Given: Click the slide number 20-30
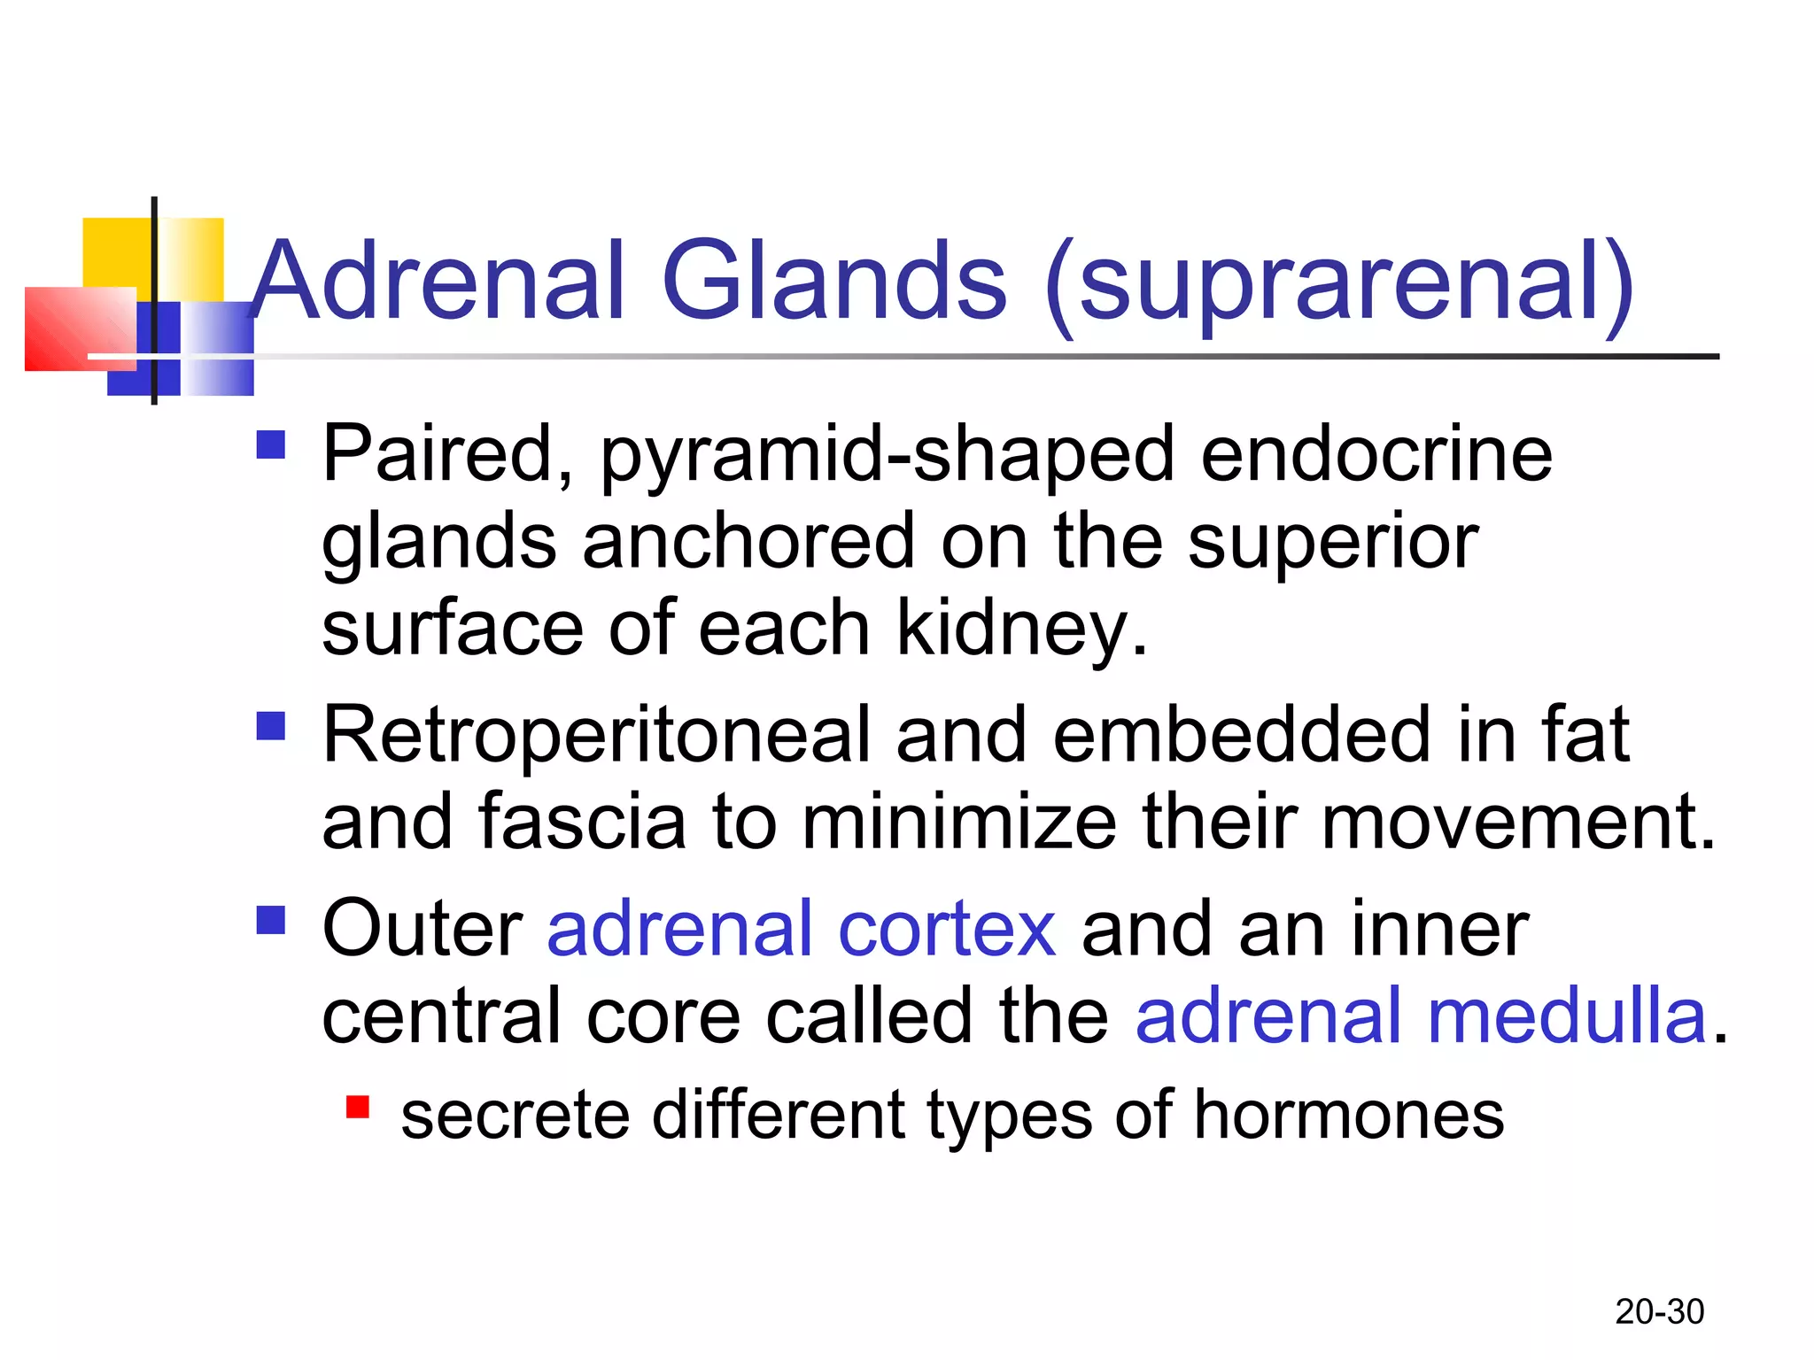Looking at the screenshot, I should point(1659,1311).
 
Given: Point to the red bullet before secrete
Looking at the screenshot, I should point(358,1108).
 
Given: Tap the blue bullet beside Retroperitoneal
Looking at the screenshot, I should point(271,726).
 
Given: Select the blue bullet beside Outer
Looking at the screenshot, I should point(271,920).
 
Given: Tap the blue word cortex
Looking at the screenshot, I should point(947,930).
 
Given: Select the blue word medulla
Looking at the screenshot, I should point(1566,1017).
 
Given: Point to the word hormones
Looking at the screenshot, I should point(1348,1116).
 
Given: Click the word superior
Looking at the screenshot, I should point(1332,542).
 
